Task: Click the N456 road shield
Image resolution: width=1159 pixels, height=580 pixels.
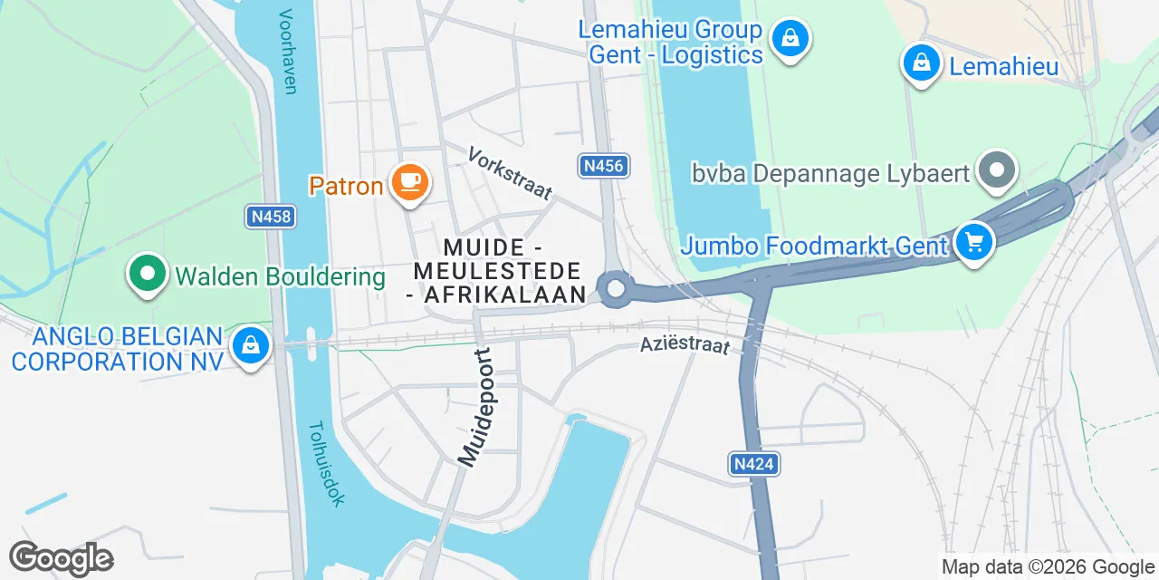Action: (603, 166)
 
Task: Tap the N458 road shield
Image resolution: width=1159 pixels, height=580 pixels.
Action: (270, 216)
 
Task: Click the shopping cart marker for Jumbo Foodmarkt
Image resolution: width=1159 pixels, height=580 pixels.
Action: (973, 243)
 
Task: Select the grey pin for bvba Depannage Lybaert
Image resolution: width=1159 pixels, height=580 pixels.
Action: (997, 170)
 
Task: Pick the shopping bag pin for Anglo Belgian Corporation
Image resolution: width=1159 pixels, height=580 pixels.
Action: (251, 345)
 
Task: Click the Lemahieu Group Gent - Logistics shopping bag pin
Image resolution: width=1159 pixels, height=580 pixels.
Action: (790, 39)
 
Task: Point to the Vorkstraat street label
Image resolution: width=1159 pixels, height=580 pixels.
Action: (510, 172)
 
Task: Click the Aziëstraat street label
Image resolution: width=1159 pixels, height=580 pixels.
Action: (685, 344)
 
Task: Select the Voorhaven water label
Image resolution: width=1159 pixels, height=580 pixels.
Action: (289, 52)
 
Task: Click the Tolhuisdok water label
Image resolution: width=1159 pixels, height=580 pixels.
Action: (325, 463)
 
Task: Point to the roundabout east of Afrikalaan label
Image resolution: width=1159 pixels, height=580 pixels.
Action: (616, 289)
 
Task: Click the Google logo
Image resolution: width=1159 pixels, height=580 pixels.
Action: (61, 558)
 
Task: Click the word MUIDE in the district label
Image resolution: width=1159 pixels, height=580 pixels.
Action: (484, 247)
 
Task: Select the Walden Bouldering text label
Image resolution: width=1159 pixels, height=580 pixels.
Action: (281, 276)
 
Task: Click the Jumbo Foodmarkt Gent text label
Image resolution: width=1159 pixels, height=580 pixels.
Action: (814, 245)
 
